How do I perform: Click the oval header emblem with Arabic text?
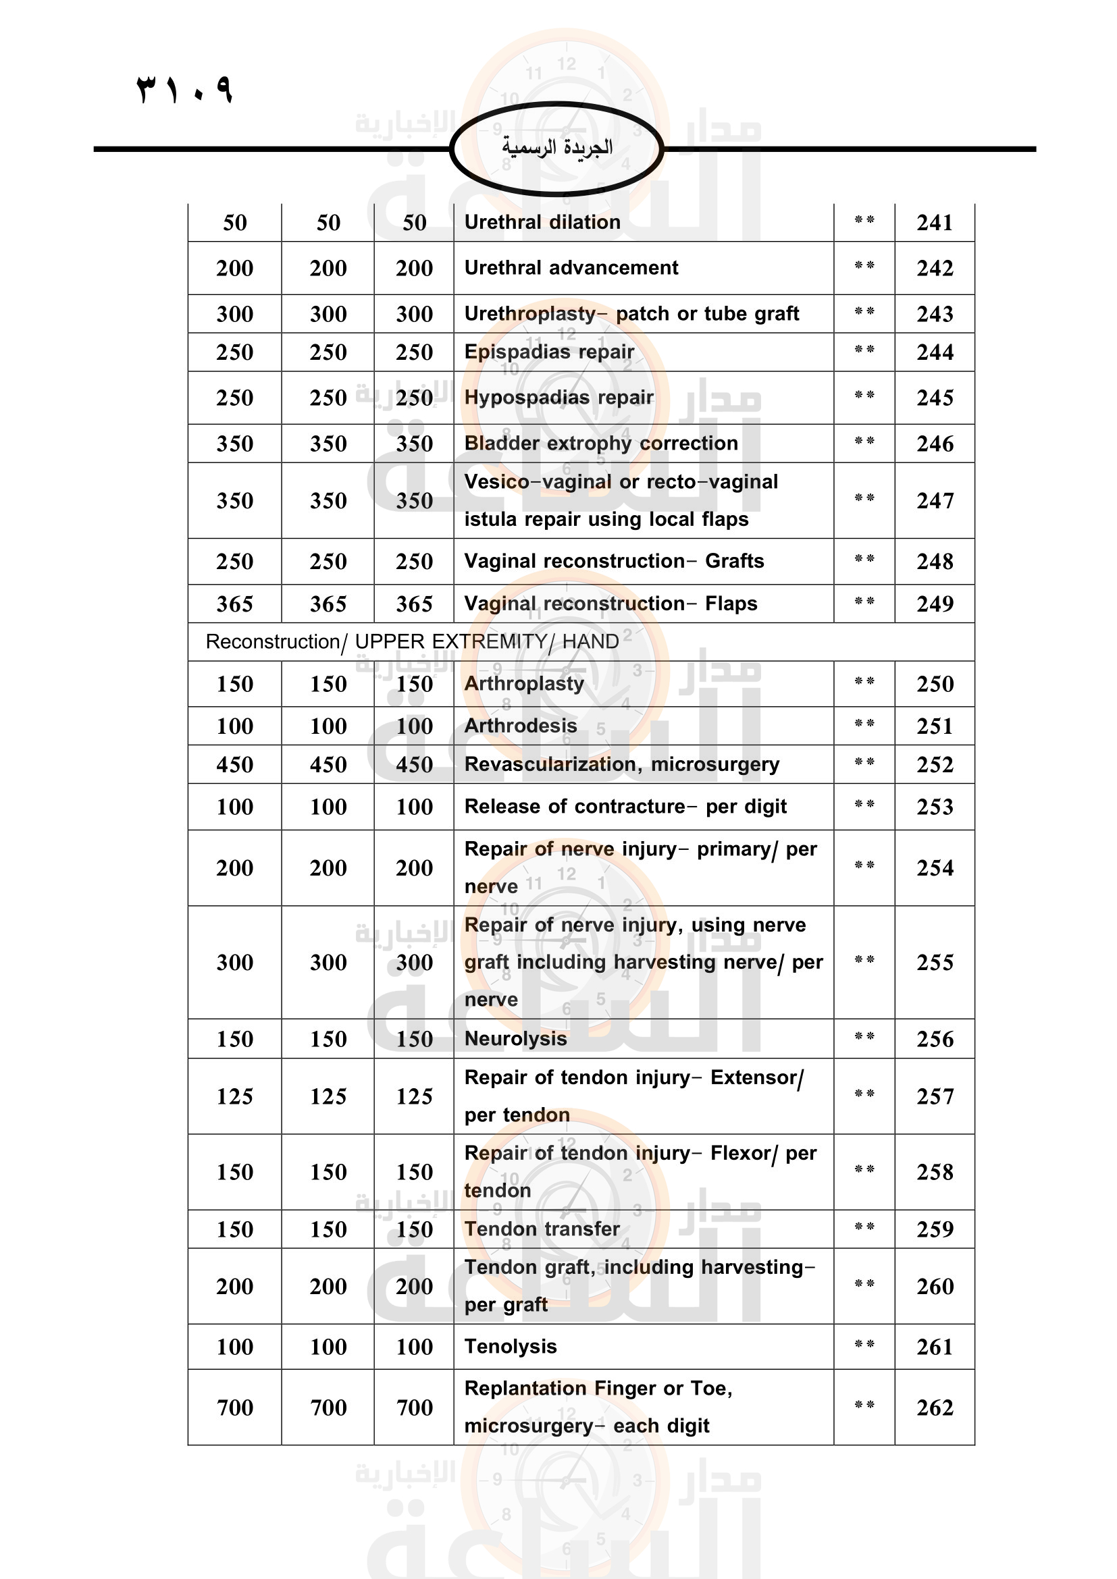click(x=556, y=148)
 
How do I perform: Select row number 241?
click(x=934, y=223)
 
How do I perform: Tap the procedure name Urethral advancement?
click(x=571, y=267)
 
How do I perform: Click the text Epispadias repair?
click(x=549, y=352)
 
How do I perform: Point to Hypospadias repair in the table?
click(x=558, y=398)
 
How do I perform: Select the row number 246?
click(x=934, y=444)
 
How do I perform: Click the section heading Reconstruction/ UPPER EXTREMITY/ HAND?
click(x=412, y=641)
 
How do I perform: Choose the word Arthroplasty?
click(x=524, y=684)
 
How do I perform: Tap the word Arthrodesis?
click(x=521, y=726)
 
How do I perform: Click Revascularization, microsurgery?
click(x=622, y=764)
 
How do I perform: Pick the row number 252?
click(x=934, y=765)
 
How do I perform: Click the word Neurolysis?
click(x=515, y=1038)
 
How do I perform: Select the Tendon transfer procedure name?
click(x=542, y=1229)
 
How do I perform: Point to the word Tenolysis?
click(x=511, y=1346)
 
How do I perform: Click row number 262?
click(x=934, y=1408)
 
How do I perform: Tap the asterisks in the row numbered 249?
click(x=864, y=602)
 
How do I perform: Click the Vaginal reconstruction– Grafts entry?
click(x=613, y=561)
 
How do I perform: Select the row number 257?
click(x=934, y=1096)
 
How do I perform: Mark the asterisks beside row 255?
click(x=864, y=961)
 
